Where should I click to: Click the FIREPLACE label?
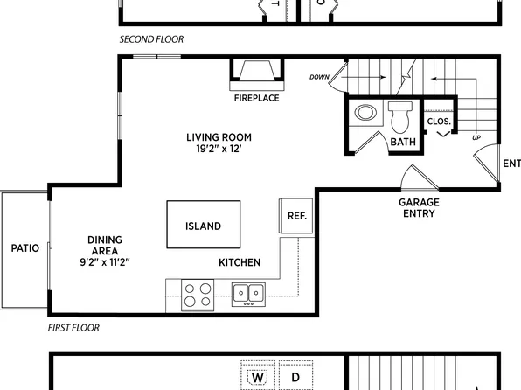pos(256,98)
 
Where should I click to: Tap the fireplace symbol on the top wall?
pos(256,73)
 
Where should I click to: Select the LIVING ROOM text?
pos(219,136)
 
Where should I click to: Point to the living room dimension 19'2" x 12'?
pos(219,150)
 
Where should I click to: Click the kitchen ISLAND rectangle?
pos(202,226)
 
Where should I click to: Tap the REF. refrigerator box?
pos(295,216)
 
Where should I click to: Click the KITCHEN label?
pos(240,262)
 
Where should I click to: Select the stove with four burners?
pos(197,293)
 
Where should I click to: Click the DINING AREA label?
pos(105,247)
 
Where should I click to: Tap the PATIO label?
pos(24,247)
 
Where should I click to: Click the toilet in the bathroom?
pos(402,115)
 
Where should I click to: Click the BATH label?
pos(403,142)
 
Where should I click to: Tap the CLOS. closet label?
pos(439,122)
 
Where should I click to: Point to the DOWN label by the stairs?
pos(319,77)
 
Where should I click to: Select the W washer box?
pos(258,378)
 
